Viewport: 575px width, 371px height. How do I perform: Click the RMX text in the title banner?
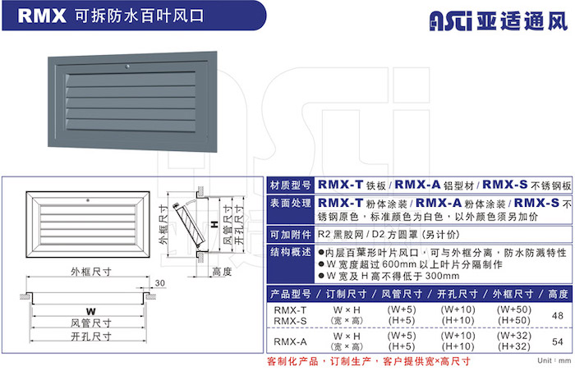tap(42, 16)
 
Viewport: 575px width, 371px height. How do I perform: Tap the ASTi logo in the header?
tap(451, 21)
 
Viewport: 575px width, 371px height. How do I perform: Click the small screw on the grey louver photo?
tap(127, 66)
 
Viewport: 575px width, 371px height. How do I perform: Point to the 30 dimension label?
tap(160, 283)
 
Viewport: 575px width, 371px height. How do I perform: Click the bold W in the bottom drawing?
tap(91, 312)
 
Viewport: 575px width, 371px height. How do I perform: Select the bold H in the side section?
tap(215, 224)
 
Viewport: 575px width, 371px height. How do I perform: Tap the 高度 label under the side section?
tap(223, 272)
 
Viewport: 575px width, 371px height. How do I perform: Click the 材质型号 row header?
tap(291, 185)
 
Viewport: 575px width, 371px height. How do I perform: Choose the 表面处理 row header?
tap(291, 203)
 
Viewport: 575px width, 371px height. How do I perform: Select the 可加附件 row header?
tap(291, 235)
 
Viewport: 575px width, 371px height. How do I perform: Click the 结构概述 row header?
tap(291, 252)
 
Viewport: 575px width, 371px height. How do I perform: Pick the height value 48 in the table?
tap(558, 316)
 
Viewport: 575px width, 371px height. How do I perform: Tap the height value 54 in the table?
tap(558, 341)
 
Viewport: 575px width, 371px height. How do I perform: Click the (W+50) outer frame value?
tap(513, 309)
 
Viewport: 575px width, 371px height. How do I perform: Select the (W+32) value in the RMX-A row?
tap(513, 336)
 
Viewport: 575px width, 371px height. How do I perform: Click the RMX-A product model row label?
tap(290, 341)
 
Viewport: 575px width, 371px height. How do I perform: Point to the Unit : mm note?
tap(554, 360)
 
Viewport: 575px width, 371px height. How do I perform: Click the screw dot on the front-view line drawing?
tap(88, 200)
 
